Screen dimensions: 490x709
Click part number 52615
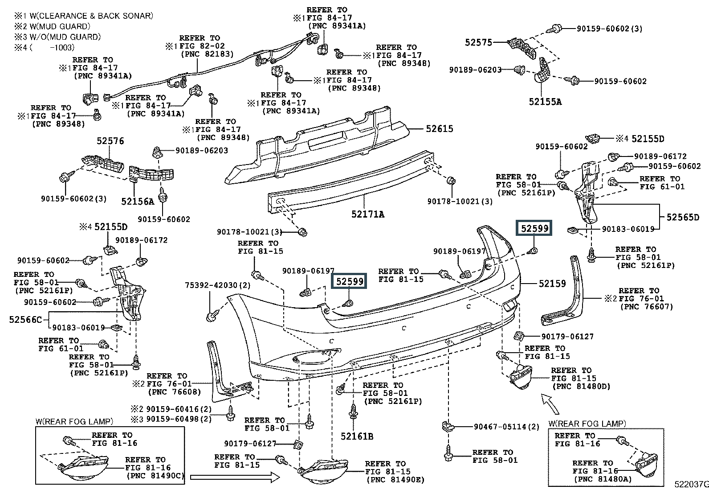coord(439,129)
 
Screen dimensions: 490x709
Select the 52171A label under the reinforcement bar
coord(367,214)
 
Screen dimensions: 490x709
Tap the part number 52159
coord(552,284)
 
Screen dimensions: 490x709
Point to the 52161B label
coord(357,436)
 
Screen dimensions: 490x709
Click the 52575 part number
coord(478,42)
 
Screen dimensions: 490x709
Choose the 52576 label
coord(110,141)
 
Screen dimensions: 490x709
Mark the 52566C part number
coord(25,320)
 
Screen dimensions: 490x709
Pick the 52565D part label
coord(683,217)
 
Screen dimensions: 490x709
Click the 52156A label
coord(137,202)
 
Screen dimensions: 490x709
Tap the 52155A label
coord(545,102)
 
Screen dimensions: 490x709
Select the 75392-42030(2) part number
coord(218,285)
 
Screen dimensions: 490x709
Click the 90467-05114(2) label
coord(506,427)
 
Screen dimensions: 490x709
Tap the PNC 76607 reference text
coord(646,307)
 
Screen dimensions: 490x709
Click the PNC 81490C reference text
coord(155,476)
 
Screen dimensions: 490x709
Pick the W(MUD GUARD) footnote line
coord(52,27)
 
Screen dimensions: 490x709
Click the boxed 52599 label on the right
coord(534,228)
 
